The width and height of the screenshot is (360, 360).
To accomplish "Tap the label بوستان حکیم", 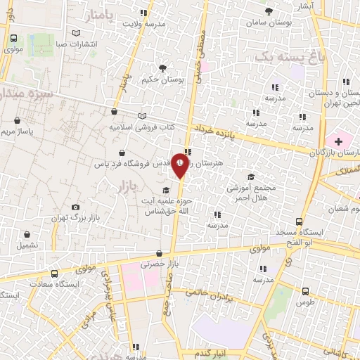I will [162, 80].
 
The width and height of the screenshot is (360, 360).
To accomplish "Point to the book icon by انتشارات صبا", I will [77, 32].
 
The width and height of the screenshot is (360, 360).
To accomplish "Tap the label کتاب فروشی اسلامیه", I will [141, 127].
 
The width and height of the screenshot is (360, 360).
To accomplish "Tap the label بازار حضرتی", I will [156, 264].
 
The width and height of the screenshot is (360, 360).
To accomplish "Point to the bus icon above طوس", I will [304, 290].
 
